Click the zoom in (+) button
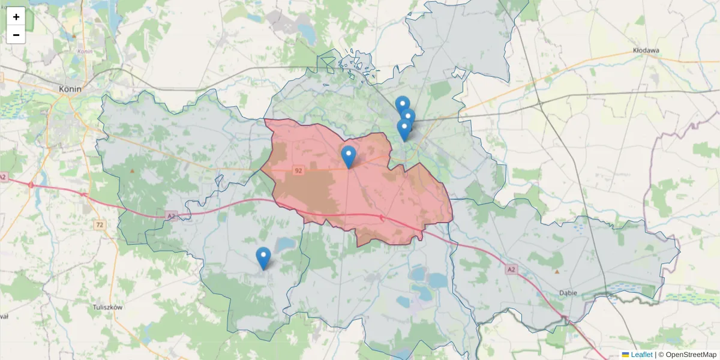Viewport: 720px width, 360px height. pos(16,17)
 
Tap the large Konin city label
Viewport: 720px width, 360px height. pos(70,89)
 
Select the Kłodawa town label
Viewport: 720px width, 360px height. pos(646,51)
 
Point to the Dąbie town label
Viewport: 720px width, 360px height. pos(567,293)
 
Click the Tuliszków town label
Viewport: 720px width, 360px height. pos(108,307)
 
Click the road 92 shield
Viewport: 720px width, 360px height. pos(298,171)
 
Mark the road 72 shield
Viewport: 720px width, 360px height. pos(99,224)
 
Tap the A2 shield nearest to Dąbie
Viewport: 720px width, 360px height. pos(511,270)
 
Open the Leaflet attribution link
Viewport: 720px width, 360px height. pos(641,355)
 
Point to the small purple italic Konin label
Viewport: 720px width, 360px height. pos(85,52)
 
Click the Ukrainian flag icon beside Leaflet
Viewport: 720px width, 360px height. pos(625,355)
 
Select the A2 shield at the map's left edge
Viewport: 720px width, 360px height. pos(3,177)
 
